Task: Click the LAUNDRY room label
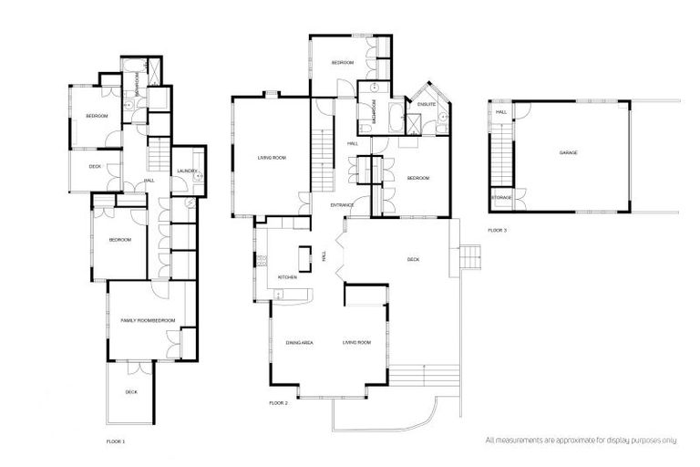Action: (x=188, y=171)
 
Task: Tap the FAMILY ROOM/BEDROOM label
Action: (x=148, y=320)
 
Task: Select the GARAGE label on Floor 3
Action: (x=568, y=152)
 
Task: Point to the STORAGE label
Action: (x=501, y=197)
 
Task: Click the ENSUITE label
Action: (x=427, y=105)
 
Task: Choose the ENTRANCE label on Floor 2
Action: (x=343, y=205)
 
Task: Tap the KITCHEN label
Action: (x=274, y=276)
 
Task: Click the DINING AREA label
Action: (x=300, y=342)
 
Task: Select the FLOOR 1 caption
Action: (x=116, y=441)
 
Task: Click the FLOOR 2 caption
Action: (x=279, y=402)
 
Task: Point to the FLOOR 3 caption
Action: (x=497, y=230)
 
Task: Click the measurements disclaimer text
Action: (x=582, y=440)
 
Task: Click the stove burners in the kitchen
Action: (x=260, y=262)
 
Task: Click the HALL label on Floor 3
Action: (x=501, y=111)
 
